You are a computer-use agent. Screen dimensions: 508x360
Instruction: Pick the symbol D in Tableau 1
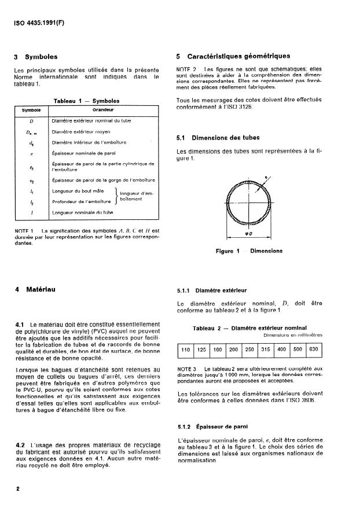(30, 121)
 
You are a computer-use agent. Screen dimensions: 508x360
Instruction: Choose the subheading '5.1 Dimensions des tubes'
(218, 138)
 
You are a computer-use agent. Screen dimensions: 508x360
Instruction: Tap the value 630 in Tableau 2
(312, 350)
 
